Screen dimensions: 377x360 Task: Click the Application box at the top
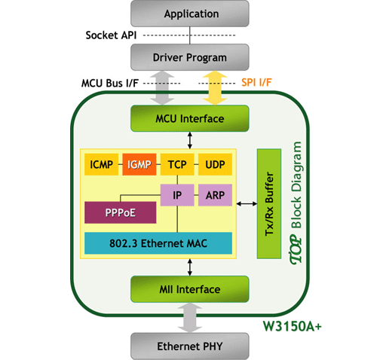point(190,14)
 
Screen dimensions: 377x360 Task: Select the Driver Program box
point(190,57)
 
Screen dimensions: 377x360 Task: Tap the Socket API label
point(111,35)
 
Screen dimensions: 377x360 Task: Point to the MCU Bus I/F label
point(110,83)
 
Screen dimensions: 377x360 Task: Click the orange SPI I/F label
point(256,82)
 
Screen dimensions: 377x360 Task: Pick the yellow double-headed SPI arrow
point(215,88)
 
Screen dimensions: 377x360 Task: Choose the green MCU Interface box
point(190,118)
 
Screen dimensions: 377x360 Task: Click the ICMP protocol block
point(101,164)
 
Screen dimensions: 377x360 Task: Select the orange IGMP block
point(139,164)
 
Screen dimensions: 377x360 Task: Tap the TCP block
point(177,164)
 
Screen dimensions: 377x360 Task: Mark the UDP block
point(215,164)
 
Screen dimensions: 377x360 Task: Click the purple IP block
point(177,195)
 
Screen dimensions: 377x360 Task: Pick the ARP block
point(215,195)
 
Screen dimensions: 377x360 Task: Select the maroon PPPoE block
point(121,212)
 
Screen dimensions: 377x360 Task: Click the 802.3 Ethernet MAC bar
point(158,243)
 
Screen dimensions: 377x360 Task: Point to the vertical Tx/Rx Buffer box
point(269,203)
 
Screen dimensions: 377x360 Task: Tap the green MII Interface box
point(190,289)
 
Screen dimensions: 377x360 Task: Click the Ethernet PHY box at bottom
point(190,346)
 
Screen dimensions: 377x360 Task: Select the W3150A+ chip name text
point(293,326)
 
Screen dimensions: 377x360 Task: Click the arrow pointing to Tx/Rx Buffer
point(247,203)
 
